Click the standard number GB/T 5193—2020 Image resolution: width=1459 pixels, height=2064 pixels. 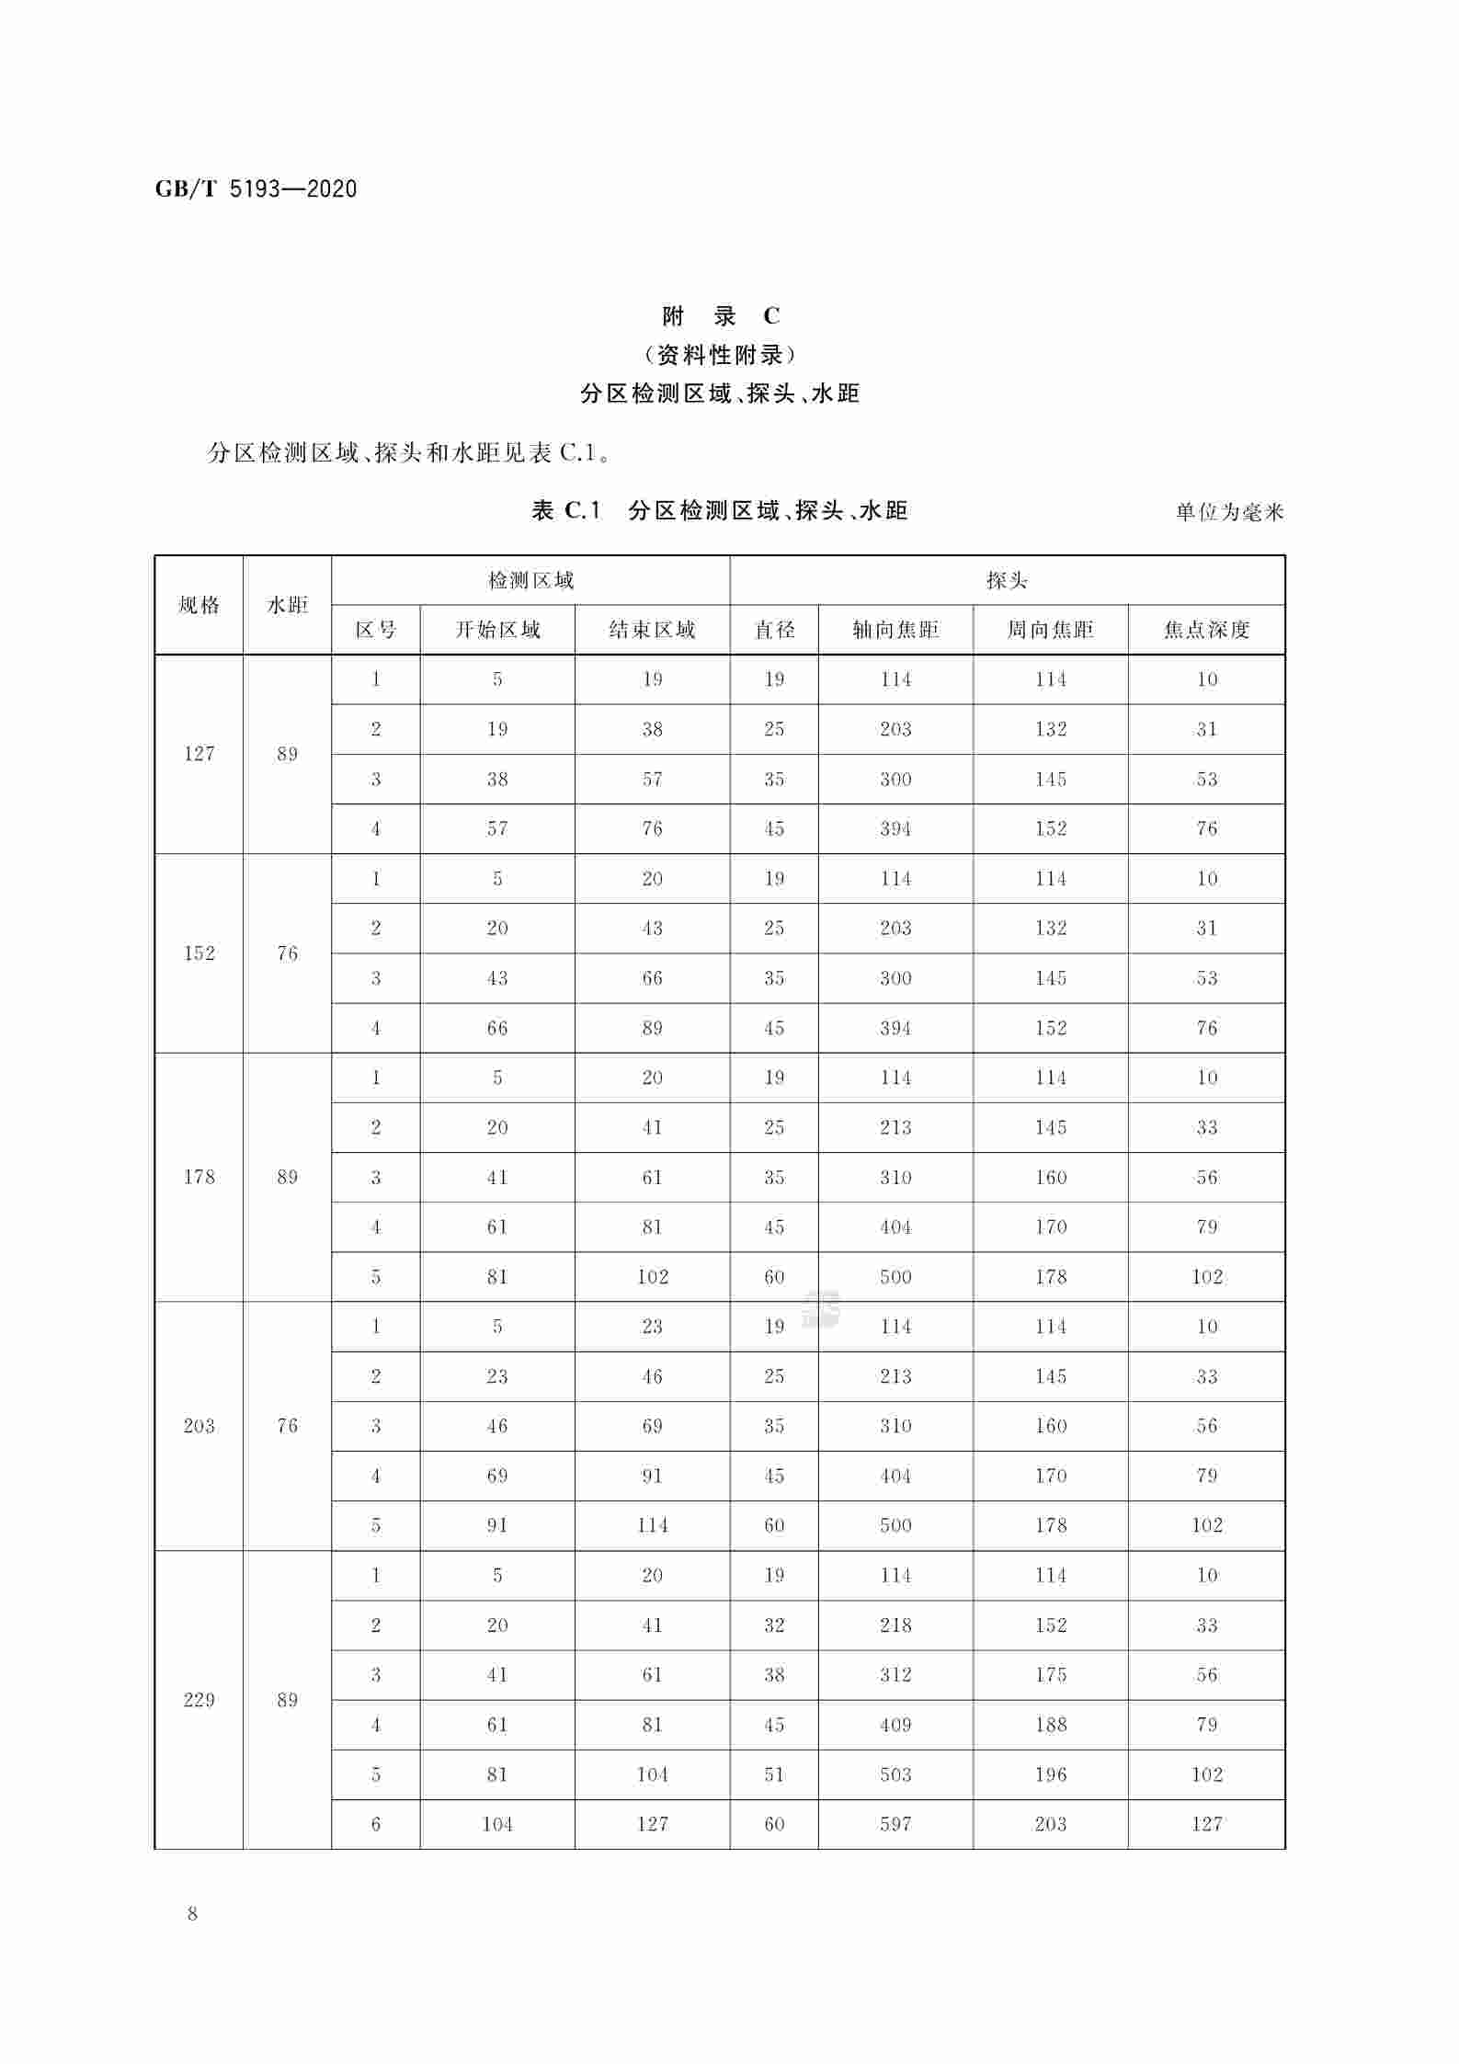(x=256, y=189)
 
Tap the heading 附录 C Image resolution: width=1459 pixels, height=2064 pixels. (x=721, y=316)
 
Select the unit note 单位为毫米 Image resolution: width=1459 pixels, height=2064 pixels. (x=1229, y=512)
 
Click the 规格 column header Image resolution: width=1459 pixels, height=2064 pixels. (x=199, y=605)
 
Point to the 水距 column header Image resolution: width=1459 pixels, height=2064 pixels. (x=287, y=605)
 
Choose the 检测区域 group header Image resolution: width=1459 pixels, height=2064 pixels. (x=530, y=580)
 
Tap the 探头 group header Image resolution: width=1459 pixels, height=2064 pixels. (x=1007, y=580)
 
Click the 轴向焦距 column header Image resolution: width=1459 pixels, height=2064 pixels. (x=895, y=630)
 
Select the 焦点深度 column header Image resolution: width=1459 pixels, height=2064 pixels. (x=1206, y=630)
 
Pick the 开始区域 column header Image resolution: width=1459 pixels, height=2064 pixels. (x=497, y=630)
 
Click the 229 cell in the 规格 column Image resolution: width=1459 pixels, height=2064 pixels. (x=199, y=1700)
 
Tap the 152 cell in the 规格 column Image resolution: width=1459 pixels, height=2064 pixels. (x=199, y=953)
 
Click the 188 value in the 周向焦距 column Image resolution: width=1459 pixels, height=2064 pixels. (x=1050, y=1725)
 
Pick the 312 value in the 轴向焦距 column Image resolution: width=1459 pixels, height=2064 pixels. (x=895, y=1675)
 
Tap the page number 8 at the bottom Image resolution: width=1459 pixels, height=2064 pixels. (x=192, y=1915)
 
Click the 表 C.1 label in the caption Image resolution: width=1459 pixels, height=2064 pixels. (x=566, y=510)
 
